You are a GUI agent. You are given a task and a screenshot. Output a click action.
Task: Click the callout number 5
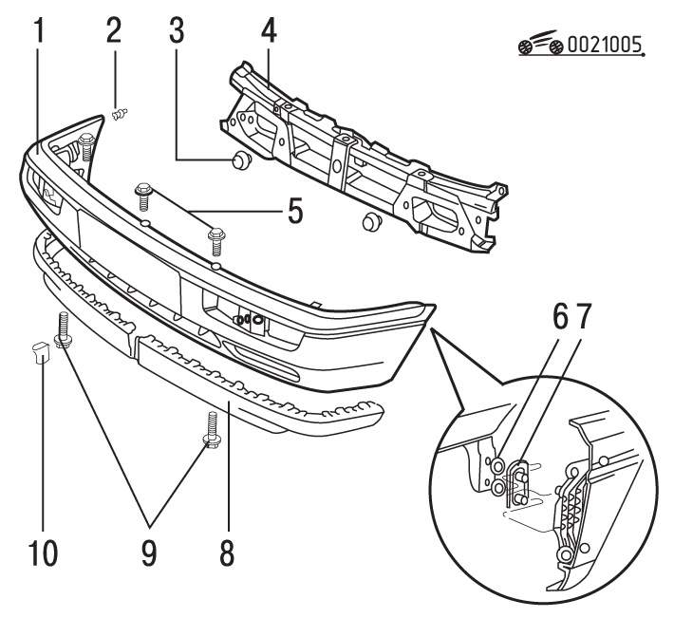pyautogui.click(x=295, y=209)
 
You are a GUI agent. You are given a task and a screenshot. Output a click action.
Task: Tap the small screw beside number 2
pyautogui.click(x=120, y=115)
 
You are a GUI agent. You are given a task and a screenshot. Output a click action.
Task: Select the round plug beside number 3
pyautogui.click(x=239, y=159)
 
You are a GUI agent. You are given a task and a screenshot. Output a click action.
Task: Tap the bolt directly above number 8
pyautogui.click(x=209, y=429)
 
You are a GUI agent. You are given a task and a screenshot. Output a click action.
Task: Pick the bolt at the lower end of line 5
pyautogui.click(x=215, y=238)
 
